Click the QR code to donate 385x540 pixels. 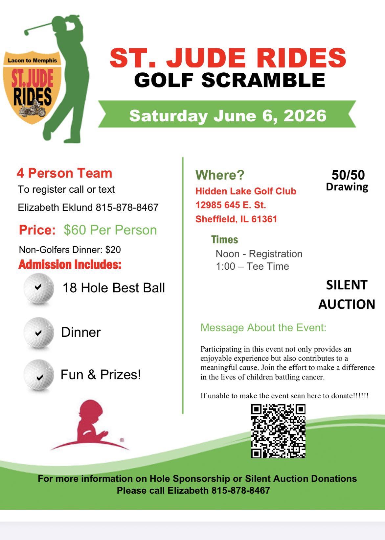point(278,431)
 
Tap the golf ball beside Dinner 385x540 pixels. point(38,332)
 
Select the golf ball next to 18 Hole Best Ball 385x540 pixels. point(38,288)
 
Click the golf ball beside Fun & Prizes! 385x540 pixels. point(38,375)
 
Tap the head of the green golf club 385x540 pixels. point(26,32)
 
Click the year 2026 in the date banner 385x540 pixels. point(305,116)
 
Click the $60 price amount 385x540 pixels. point(75,230)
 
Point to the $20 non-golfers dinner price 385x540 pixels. point(113,250)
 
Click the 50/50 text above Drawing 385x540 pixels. point(348,175)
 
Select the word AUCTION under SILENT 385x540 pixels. point(347,304)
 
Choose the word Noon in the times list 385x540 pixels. point(227,254)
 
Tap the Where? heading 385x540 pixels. point(220,175)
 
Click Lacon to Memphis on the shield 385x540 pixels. point(32,61)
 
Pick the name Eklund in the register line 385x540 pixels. point(78,208)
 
